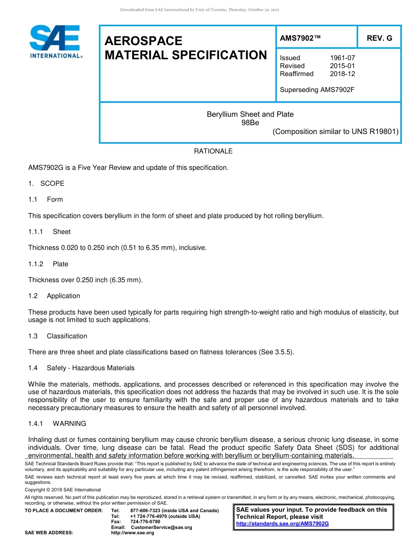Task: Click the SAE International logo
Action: (x=55, y=41)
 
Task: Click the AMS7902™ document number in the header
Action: (x=300, y=38)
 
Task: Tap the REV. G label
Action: (x=379, y=38)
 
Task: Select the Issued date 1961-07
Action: (x=342, y=58)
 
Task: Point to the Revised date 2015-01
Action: (x=342, y=66)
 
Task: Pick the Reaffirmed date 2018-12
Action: (x=342, y=74)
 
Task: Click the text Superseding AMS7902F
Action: (x=317, y=90)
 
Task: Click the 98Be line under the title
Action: (x=250, y=123)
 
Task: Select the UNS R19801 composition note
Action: (x=336, y=131)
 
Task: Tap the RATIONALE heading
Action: (x=213, y=151)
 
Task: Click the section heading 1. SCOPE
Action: (x=46, y=184)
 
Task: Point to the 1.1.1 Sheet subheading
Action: (x=50, y=232)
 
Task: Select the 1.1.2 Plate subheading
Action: (x=48, y=264)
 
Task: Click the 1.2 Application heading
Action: (x=54, y=296)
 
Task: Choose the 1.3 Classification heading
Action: (x=58, y=336)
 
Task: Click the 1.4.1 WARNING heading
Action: (x=57, y=424)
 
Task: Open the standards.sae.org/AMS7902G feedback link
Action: (x=283, y=524)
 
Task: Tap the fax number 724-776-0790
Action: (x=145, y=522)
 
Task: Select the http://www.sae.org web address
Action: (x=133, y=533)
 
